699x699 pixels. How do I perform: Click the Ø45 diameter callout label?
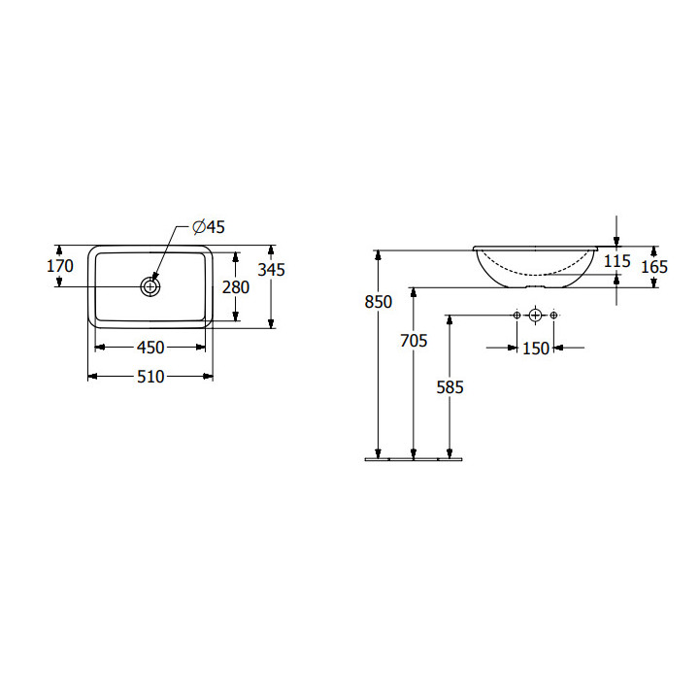pos(209,227)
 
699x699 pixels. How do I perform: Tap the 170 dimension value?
pos(60,266)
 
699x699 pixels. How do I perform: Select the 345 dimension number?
pos(271,270)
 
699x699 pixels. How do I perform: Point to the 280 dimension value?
pos(236,287)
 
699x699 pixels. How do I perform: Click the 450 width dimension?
pos(150,348)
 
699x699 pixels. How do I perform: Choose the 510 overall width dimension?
pos(150,377)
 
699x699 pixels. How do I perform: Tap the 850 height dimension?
pos(378,302)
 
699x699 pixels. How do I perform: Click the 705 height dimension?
pos(414,341)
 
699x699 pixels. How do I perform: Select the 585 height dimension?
pos(449,387)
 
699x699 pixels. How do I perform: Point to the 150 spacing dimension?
pos(535,349)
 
